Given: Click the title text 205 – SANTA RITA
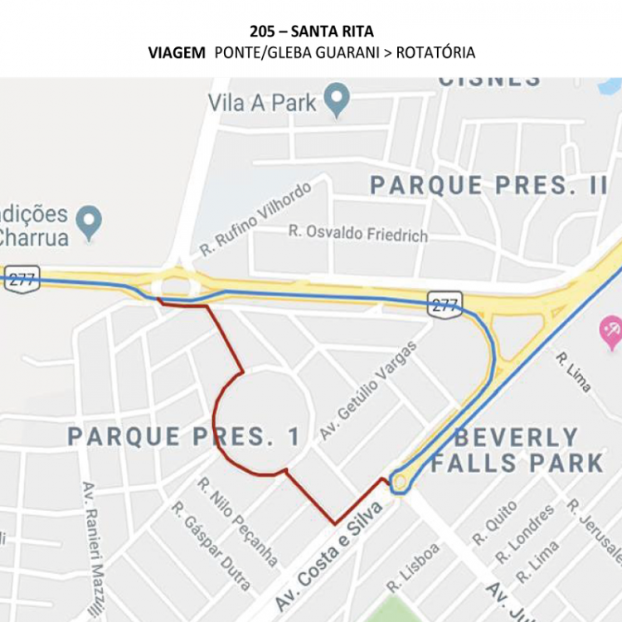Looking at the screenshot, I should coord(311,32).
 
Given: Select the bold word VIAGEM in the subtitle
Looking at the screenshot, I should coord(177,53).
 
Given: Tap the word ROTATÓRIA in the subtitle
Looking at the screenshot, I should coord(435,53).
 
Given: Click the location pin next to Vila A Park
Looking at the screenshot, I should coord(336,100).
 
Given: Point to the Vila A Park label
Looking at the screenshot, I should coord(261,103).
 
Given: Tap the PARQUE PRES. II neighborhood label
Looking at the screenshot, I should coord(488,185).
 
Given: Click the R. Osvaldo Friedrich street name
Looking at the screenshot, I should coord(358,233).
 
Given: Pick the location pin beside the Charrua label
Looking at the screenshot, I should coord(89,221).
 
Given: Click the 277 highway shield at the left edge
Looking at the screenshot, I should coord(22,279).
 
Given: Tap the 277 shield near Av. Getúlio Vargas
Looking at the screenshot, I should coord(445,305).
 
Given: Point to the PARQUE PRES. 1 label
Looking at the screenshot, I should coord(184,437).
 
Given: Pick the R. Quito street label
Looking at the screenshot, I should coord(494,522).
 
